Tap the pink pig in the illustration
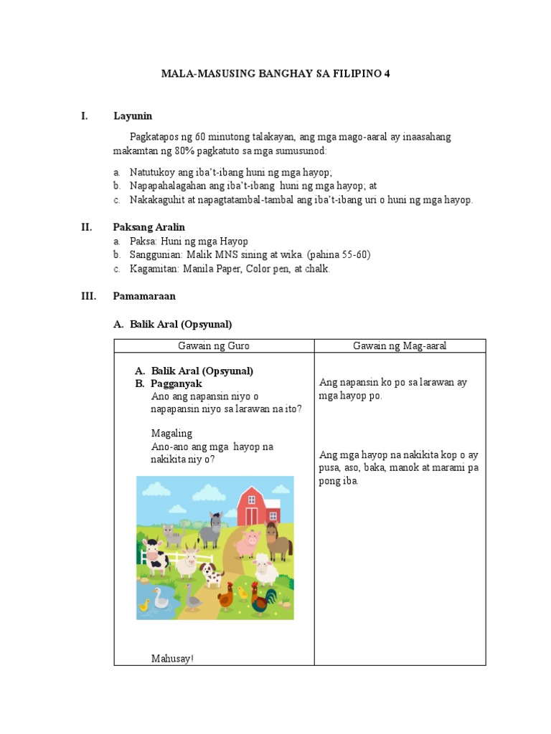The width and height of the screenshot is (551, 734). (x=245, y=543)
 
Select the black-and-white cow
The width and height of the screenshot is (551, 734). (x=156, y=554)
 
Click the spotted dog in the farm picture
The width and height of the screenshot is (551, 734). (x=212, y=574)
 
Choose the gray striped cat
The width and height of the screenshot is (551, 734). (x=171, y=535)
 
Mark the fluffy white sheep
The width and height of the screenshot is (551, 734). (x=265, y=570)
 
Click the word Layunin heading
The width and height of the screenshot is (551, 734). (x=133, y=116)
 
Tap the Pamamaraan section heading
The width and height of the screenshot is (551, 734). (x=144, y=295)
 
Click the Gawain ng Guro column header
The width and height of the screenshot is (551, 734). (x=214, y=346)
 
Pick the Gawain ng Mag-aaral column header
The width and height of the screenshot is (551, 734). (x=400, y=346)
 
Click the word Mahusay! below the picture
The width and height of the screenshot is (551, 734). (x=172, y=658)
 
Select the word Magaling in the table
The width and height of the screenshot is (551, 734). (x=171, y=434)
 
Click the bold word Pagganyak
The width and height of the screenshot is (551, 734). (x=176, y=383)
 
